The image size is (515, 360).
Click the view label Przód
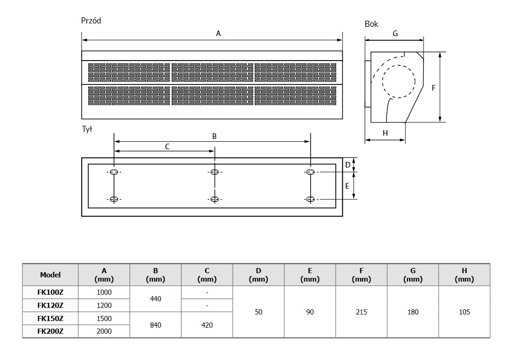pyautogui.click(x=91, y=21)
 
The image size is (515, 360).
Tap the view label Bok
pyautogui.click(x=371, y=24)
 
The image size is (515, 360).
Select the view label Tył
pyautogui.click(x=87, y=130)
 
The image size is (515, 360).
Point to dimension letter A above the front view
pyautogui.click(x=218, y=33)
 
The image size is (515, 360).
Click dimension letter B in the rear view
pyautogui.click(x=214, y=136)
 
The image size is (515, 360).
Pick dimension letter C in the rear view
pyautogui.click(x=167, y=146)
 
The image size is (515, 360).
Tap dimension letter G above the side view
pyautogui.click(x=395, y=34)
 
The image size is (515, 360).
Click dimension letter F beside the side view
pyautogui.click(x=433, y=88)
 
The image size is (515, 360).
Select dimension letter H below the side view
pyautogui.click(x=385, y=133)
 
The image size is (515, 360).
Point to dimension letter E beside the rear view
pyautogui.click(x=347, y=186)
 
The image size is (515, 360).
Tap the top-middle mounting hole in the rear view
pyautogui.click(x=214, y=172)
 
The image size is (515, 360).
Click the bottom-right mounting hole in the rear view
pyautogui.click(x=310, y=199)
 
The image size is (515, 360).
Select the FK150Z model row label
pyautogui.click(x=50, y=318)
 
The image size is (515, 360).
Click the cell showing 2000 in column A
pyautogui.click(x=104, y=331)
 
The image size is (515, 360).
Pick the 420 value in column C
pyautogui.click(x=207, y=325)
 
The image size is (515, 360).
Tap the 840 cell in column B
pyautogui.click(x=155, y=325)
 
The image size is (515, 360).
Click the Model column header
pyautogui.click(x=50, y=275)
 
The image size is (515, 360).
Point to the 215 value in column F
pyautogui.click(x=362, y=312)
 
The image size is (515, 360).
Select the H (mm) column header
pyautogui.click(x=464, y=275)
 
